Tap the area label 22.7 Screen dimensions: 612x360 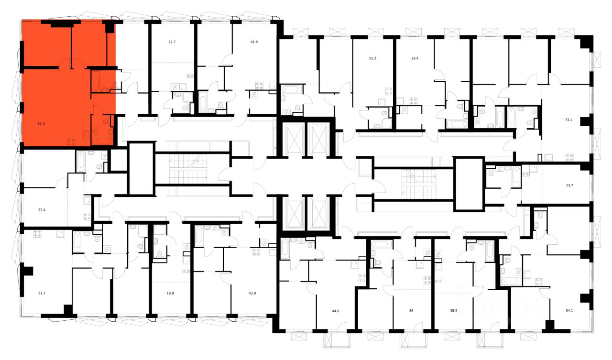pyautogui.click(x=172, y=42)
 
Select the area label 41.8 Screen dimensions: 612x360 pyautogui.click(x=254, y=42)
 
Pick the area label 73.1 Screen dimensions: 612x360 pyautogui.click(x=568, y=120)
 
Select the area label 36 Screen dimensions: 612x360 pyautogui.click(x=411, y=311)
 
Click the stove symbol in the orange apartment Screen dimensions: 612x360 pyautogui.click(x=72, y=141)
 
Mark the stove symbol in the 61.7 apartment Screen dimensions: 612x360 pyautogui.click(x=37, y=233)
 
